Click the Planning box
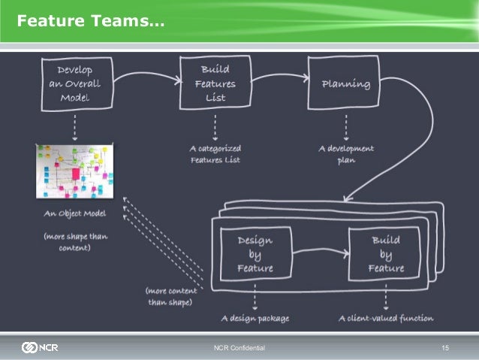click(345, 83)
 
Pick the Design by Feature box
click(255, 254)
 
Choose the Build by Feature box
click(386, 254)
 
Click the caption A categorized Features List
click(215, 154)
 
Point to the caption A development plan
click(345, 154)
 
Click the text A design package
click(255, 318)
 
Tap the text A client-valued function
click(385, 318)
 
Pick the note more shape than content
click(75, 241)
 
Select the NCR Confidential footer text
click(239, 348)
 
